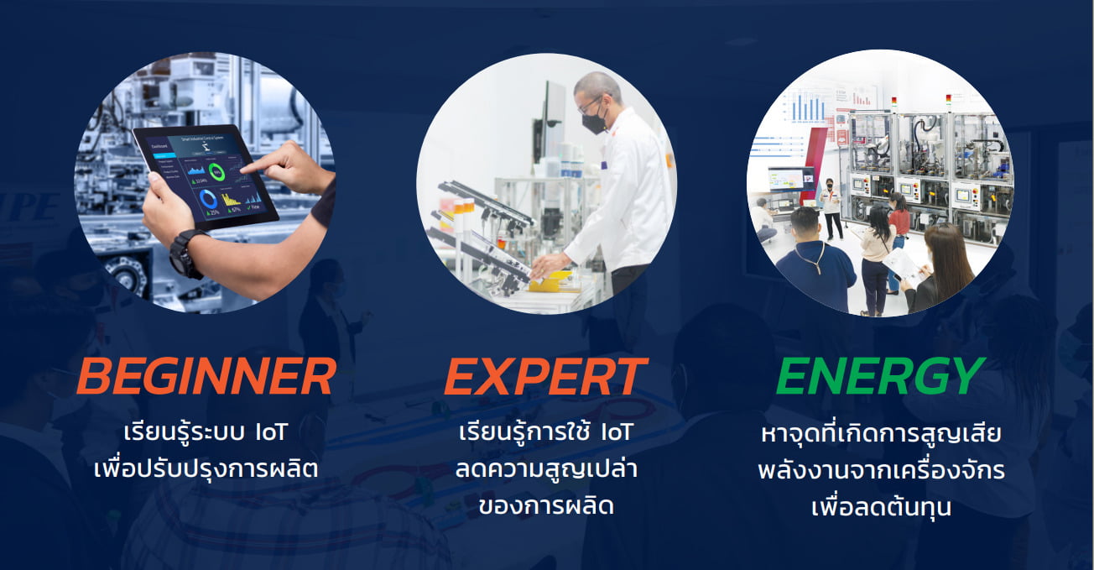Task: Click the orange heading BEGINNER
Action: (206, 377)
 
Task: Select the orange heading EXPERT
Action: (545, 377)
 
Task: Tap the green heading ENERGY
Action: (880, 376)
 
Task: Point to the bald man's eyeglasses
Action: (590, 104)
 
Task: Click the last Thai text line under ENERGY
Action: (881, 507)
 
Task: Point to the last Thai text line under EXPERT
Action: (545, 506)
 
